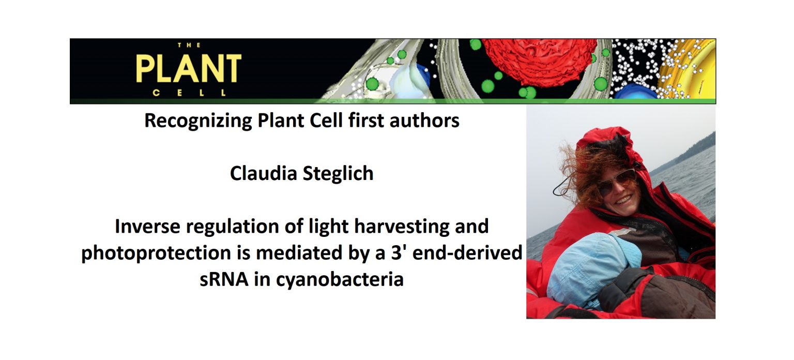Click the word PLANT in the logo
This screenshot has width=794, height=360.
[x=189, y=68]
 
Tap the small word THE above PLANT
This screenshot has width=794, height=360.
[x=189, y=45]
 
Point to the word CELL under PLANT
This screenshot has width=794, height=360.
[x=189, y=94]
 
